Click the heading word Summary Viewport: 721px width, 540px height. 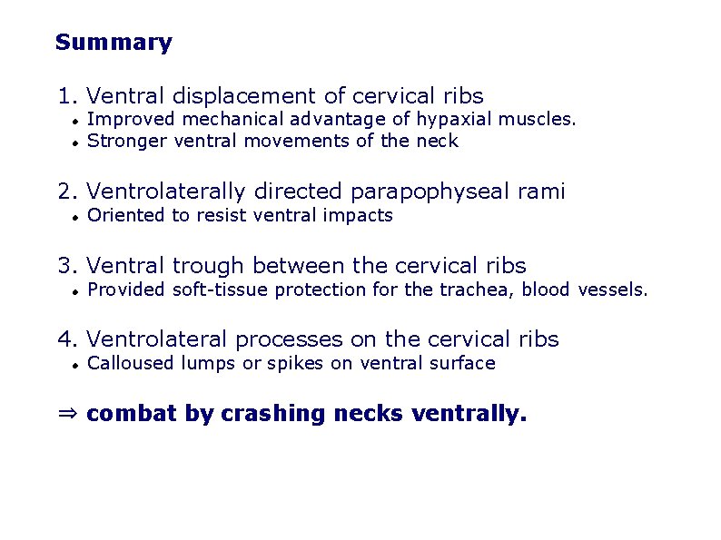114,43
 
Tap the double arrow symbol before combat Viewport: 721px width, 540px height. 68,415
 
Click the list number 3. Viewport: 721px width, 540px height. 64,266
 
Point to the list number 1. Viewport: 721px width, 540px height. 64,96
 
